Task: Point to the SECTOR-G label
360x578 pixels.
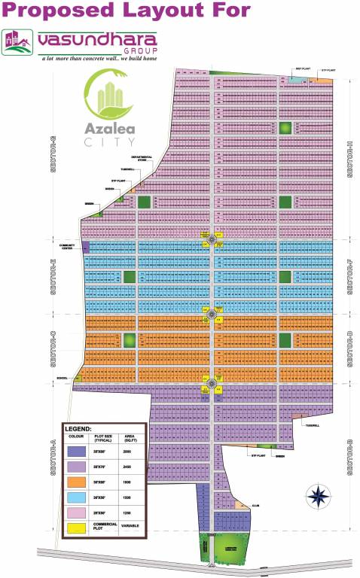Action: click(55, 157)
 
